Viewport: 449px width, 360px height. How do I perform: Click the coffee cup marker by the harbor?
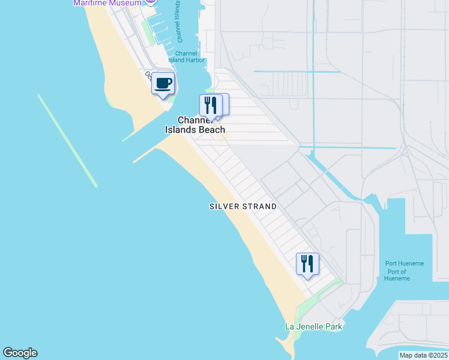point(163,83)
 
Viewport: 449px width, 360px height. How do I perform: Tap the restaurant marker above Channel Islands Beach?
point(211,105)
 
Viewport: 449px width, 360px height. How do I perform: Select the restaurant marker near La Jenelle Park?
point(307,263)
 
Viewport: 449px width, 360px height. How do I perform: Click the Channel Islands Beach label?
point(195,125)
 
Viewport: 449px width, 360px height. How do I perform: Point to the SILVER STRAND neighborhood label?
point(243,206)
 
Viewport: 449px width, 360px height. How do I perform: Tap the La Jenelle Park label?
point(313,327)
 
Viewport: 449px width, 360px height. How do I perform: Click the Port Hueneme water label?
point(405,263)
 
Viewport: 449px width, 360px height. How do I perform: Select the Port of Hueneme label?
point(396,275)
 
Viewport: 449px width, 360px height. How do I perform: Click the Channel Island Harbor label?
point(191,57)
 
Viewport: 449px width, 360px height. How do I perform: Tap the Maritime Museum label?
point(107,3)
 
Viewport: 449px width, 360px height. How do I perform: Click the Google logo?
point(20,353)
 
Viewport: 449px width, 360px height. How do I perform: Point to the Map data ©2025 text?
point(423,355)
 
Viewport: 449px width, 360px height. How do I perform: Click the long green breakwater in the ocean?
point(67,141)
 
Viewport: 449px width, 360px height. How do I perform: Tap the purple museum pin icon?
point(150,2)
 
